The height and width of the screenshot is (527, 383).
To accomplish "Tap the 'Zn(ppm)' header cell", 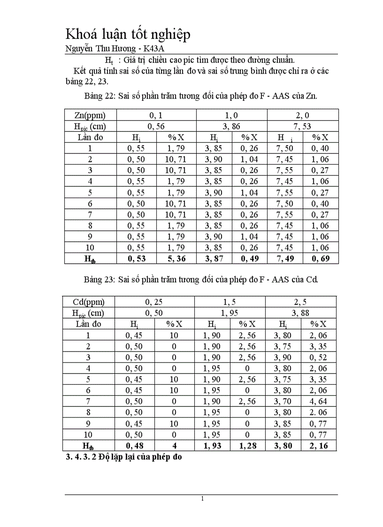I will coord(90,115).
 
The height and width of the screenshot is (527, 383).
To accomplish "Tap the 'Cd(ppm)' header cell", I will coord(89,302).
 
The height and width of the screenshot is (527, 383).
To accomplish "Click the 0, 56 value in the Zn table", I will coord(156,126).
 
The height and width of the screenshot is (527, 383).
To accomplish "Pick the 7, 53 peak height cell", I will coord(303,126).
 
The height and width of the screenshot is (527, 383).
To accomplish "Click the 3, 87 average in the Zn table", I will coord(214,259).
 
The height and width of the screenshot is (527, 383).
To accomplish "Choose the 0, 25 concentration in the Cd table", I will coord(154,302).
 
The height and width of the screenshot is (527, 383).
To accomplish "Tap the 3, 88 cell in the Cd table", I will coord(301,313).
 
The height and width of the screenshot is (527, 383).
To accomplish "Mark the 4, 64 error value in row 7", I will coord(318,401).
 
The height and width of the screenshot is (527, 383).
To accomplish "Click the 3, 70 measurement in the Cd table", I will coord(283,401).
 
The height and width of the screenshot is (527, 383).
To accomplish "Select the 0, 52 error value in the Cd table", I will coord(318,357).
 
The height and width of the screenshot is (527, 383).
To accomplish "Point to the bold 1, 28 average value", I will coord(247,445).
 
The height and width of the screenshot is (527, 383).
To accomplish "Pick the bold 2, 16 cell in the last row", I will coord(318,445).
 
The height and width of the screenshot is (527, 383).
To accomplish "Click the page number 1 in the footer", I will coord(202,498).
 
